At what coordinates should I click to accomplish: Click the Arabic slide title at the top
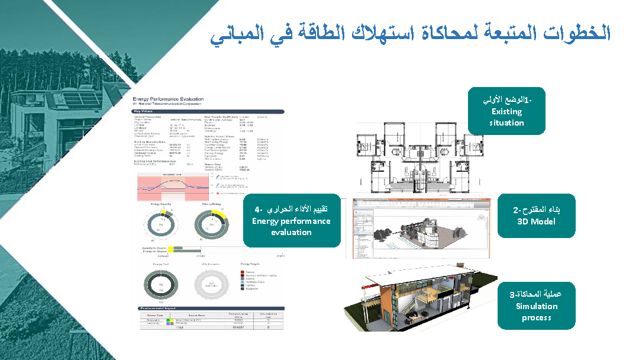click(410, 34)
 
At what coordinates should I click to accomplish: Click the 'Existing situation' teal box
click(506, 111)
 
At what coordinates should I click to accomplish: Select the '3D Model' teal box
click(536, 216)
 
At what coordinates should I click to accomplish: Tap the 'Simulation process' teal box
click(536, 306)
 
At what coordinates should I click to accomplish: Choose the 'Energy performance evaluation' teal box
click(291, 220)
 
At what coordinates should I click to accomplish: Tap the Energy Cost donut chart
click(162, 282)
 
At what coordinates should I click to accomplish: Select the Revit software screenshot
click(421, 228)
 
